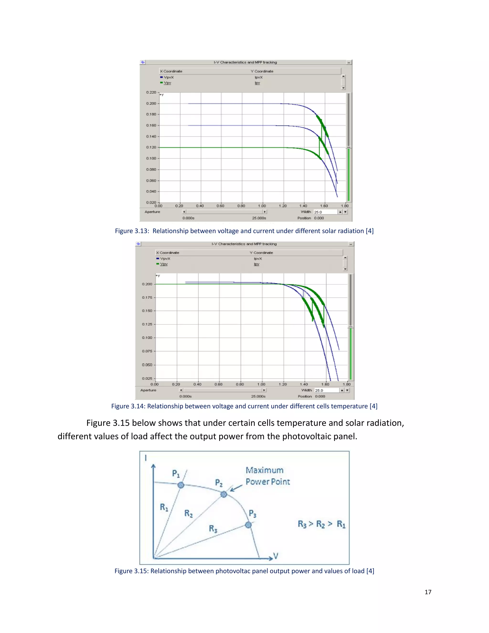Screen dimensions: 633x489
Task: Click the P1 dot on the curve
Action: pos(181,485)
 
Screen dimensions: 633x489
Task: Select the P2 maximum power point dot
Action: pos(224,494)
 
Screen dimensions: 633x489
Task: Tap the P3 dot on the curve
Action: pos(248,525)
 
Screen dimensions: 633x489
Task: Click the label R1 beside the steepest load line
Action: pos(164,507)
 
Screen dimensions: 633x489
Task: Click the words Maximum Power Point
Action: pos(267,476)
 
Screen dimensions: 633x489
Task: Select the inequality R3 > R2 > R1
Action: pos(322,524)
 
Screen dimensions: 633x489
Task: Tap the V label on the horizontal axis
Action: pos(276,556)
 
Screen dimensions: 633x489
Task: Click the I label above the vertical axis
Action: pos(146,458)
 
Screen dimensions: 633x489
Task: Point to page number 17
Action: pos(428,592)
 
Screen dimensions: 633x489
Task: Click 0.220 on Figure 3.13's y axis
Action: pos(151,92)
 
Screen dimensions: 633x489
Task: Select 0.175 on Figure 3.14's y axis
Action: pos(147,297)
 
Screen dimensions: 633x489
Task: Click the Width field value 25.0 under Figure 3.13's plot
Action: pos(318,212)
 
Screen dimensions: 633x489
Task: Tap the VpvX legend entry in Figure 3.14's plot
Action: pos(165,258)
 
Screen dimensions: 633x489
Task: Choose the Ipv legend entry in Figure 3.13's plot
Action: pos(257,83)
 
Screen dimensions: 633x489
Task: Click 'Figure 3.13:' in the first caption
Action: pos(132,231)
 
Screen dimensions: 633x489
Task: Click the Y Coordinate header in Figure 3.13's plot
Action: pos(262,71)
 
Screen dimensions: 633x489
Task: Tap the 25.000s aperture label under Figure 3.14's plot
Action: pos(258,396)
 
